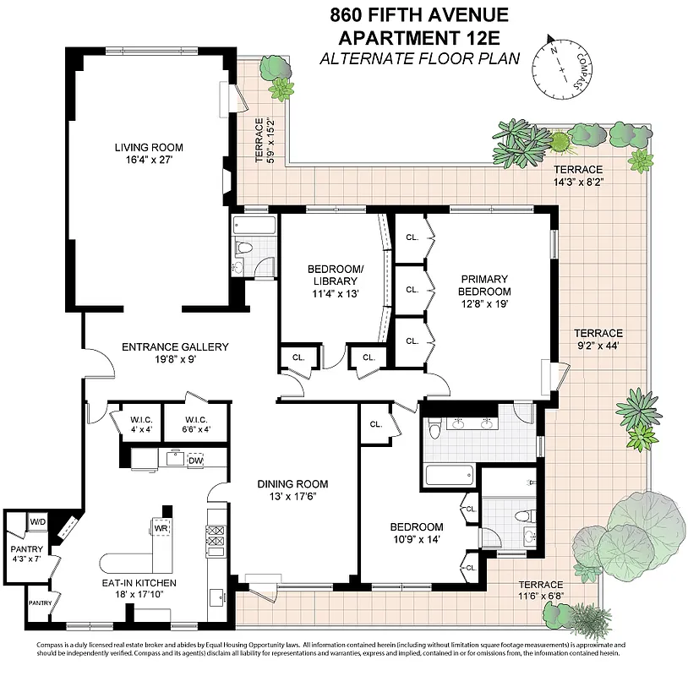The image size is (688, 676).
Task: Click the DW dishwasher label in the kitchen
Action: click(x=195, y=461)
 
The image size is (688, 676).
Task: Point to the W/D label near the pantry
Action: click(x=38, y=522)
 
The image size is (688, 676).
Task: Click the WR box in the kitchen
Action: click(x=161, y=528)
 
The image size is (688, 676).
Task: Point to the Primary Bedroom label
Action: click(x=485, y=285)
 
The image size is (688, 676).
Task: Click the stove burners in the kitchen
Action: click(x=215, y=537)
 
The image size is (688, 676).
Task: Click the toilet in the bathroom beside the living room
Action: click(x=244, y=248)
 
